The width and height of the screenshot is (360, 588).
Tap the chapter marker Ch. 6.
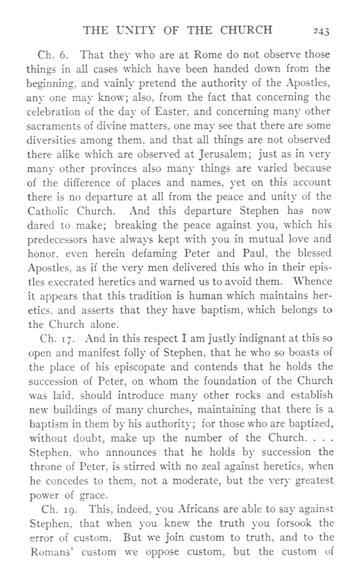pyautogui.click(x=50, y=55)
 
